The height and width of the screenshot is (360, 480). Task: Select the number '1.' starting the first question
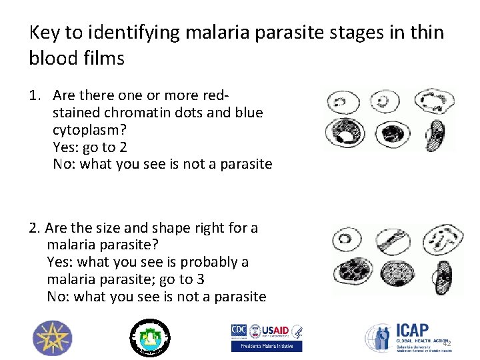click(36, 95)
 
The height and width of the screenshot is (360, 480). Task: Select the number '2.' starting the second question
click(36, 228)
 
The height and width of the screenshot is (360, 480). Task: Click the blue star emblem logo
click(53, 337)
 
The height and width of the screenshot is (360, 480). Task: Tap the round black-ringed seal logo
click(149, 337)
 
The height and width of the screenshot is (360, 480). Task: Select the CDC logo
click(239, 331)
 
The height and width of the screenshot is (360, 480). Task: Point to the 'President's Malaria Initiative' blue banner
click(266, 346)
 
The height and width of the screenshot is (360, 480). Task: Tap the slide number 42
click(447, 343)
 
